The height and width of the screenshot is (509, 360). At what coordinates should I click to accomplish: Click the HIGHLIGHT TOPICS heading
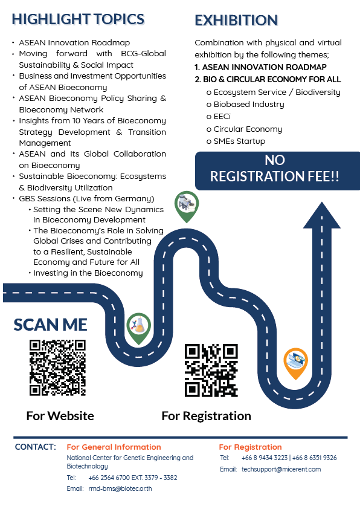(x=78, y=19)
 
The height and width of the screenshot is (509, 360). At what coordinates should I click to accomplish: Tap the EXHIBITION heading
(x=236, y=21)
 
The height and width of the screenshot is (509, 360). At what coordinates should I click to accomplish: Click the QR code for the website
(x=57, y=368)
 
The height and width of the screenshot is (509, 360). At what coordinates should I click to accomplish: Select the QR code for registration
(x=211, y=371)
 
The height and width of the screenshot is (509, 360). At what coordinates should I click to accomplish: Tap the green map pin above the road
(x=187, y=206)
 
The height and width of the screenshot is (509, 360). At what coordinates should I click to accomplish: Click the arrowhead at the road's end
(x=322, y=215)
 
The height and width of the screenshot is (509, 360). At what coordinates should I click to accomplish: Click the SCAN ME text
(x=50, y=325)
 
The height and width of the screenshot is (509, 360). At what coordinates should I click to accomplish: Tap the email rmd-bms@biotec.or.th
(x=120, y=488)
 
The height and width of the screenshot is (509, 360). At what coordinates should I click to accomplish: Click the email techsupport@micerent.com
(x=281, y=469)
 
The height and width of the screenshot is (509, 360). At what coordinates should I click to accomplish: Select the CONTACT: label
(x=36, y=447)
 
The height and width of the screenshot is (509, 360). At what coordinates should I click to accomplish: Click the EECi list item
(x=219, y=117)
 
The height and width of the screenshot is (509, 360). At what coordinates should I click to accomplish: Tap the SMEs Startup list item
(x=236, y=141)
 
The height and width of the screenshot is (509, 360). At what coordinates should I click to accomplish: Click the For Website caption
(x=60, y=416)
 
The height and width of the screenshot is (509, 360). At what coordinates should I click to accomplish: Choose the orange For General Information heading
(x=114, y=447)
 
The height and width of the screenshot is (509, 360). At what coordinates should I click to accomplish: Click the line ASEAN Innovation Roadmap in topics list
(x=74, y=42)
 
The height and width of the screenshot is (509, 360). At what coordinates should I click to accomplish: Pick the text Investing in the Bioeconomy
(x=88, y=273)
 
